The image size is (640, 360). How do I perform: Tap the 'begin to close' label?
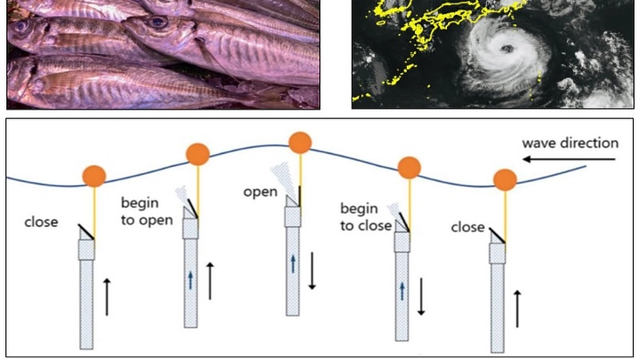[x=364, y=217]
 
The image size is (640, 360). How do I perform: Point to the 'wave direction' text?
[x=570, y=143]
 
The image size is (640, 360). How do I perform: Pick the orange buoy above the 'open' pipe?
[x=300, y=143]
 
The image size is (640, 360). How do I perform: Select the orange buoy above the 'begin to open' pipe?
[x=198, y=155]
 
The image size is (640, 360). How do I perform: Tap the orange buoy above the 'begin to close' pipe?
[x=410, y=166]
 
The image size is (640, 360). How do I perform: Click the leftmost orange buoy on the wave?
[x=95, y=176]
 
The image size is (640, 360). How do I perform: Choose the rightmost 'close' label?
[x=468, y=227]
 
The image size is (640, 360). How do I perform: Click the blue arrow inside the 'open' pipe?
[x=293, y=262]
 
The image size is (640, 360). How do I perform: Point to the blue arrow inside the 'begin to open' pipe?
[x=190, y=279]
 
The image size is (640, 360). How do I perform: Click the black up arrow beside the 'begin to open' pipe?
[x=210, y=279]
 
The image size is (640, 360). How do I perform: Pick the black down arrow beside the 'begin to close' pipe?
[x=422, y=297]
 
